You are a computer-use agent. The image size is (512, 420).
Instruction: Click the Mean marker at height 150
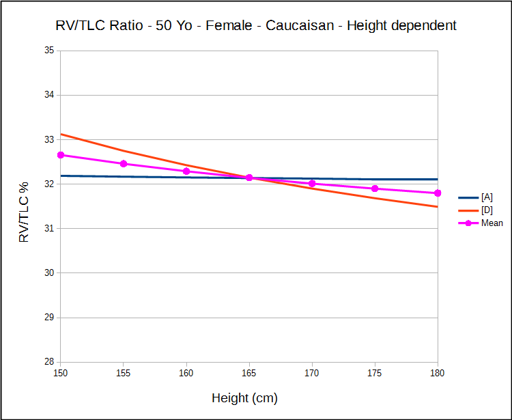61,155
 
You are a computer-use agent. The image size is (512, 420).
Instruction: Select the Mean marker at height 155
124,164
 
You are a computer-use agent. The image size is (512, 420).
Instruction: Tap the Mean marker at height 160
186,171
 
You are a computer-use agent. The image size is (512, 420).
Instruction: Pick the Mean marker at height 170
312,183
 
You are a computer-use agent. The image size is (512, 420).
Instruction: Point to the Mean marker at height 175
375,188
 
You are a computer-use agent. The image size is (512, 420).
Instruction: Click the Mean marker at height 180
438,193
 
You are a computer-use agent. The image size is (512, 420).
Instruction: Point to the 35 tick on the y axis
49,51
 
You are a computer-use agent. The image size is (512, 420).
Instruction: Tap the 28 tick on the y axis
49,362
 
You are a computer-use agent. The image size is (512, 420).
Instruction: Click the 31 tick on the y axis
49,228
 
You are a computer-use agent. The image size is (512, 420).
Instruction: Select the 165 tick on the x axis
249,374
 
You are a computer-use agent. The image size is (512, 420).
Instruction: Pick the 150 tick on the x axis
61,374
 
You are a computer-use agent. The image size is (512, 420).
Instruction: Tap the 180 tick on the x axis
438,374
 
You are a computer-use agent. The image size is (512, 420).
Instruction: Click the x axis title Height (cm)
244,398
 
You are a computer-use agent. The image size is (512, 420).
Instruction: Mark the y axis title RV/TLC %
25,212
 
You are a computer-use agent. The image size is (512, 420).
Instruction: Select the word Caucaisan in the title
300,26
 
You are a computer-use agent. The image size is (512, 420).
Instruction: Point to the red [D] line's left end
61,134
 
